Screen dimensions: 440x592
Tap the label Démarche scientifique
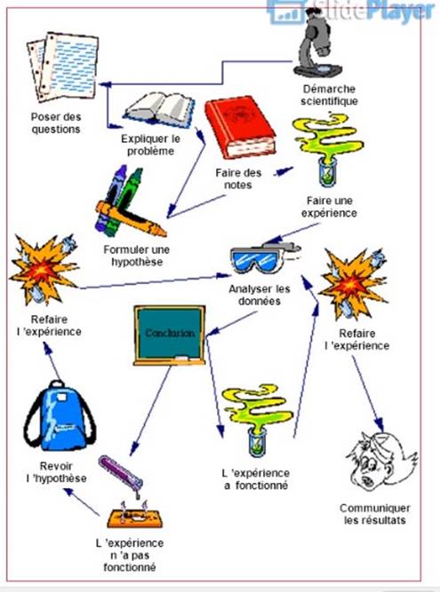pyautogui.click(x=329, y=95)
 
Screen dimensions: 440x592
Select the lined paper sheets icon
pyautogui.click(x=62, y=67)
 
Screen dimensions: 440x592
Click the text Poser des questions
pyautogui.click(x=56, y=123)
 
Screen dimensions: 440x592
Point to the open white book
pyautogui.click(x=159, y=109)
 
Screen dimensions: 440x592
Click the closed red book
pyautogui.click(x=240, y=127)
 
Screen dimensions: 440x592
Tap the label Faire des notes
pyautogui.click(x=238, y=179)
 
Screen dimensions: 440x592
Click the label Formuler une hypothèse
pyautogui.click(x=137, y=256)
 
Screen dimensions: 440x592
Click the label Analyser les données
pyautogui.click(x=260, y=296)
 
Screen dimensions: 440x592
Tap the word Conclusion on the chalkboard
pyautogui.click(x=170, y=333)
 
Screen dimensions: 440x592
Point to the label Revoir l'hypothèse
pyautogui.click(x=56, y=472)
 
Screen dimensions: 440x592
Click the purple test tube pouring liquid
pyautogui.click(x=121, y=474)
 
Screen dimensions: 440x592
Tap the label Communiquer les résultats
pyautogui.click(x=374, y=514)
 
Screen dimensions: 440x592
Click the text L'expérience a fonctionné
pyautogui.click(x=256, y=479)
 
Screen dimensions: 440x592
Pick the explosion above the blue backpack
pyautogui.click(x=44, y=268)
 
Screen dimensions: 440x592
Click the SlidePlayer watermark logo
pyautogui.click(x=351, y=12)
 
